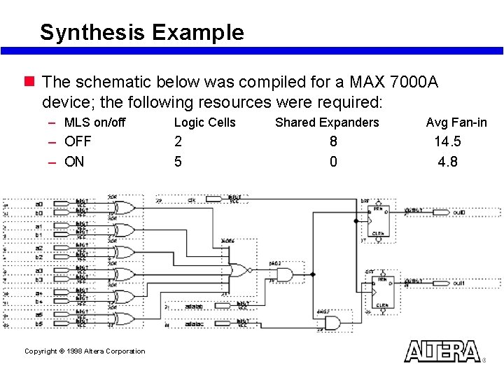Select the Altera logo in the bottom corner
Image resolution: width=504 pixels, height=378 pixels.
(442, 351)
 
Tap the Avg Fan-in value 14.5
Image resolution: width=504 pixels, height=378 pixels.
(447, 141)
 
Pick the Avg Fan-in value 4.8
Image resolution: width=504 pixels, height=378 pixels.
(447, 162)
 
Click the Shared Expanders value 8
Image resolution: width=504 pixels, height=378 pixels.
(333, 141)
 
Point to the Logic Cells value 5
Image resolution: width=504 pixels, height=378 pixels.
(178, 162)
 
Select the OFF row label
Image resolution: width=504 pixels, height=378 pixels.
(78, 141)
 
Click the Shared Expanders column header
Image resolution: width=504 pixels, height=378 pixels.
(327, 122)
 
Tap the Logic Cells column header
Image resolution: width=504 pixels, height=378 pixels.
(204, 122)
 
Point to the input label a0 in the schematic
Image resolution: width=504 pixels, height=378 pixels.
(39, 204)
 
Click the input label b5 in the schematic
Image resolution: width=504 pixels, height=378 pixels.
(39, 324)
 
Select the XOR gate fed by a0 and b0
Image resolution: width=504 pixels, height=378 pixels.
(125, 208)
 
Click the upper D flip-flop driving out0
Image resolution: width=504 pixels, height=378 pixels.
(379, 220)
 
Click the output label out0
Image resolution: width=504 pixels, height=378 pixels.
(458, 212)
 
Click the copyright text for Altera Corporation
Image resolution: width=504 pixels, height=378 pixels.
(85, 351)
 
